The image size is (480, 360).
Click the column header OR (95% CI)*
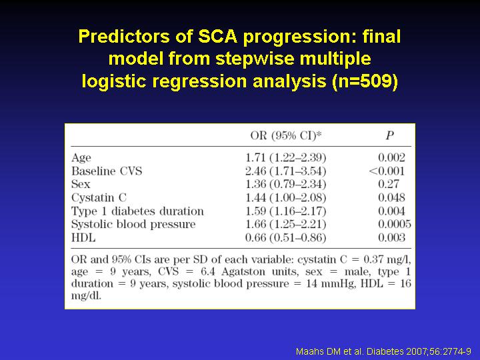click(286, 135)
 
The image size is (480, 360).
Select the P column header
click(389, 135)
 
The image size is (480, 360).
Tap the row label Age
click(81, 158)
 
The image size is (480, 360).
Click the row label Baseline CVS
click(107, 171)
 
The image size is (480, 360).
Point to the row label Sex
click(81, 184)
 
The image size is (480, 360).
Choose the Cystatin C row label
click(99, 198)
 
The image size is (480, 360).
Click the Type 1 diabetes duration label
click(137, 211)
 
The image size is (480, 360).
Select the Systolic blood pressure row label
click(133, 225)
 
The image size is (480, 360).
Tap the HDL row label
click(83, 237)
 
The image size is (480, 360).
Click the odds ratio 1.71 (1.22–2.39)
click(286, 157)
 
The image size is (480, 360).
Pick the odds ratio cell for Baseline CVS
click(286, 171)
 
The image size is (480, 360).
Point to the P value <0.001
click(387, 171)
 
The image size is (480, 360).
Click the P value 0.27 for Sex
click(389, 184)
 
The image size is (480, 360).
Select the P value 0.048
click(391, 197)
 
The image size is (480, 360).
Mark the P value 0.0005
click(395, 224)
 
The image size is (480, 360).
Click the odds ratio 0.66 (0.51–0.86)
click(286, 238)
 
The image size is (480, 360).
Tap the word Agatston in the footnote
click(243, 272)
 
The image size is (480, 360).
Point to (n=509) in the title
click(365, 81)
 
